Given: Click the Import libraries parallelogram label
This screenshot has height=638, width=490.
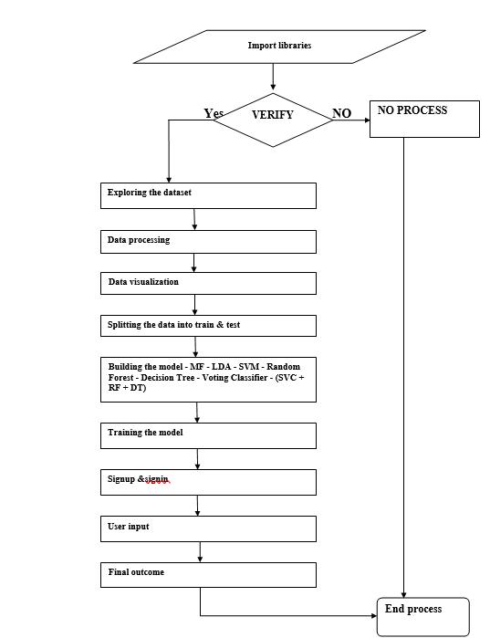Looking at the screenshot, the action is pyautogui.click(x=280, y=46).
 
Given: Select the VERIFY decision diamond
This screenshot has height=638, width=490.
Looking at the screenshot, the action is pyautogui.click(x=273, y=120).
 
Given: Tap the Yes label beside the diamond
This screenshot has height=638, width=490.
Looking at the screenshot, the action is pyautogui.click(x=214, y=113).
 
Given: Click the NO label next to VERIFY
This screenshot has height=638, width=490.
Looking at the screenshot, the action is pyautogui.click(x=341, y=113).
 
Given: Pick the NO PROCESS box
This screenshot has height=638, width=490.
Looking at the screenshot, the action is pyautogui.click(x=424, y=119).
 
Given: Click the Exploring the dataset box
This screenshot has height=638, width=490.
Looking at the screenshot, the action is pyautogui.click(x=208, y=195).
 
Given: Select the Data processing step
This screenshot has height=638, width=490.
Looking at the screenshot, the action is pyautogui.click(x=208, y=242).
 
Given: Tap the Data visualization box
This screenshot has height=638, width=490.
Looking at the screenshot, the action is pyautogui.click(x=208, y=283).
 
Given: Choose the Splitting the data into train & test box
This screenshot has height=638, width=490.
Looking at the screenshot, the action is pyautogui.click(x=208, y=326).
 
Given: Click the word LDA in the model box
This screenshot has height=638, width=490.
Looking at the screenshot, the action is pyautogui.click(x=221, y=367).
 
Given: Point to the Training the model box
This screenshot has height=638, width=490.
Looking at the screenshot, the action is pyautogui.click(x=208, y=435).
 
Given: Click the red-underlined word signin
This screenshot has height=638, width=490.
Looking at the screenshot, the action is pyautogui.click(x=157, y=479).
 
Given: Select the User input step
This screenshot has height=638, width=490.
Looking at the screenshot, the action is pyautogui.click(x=208, y=529).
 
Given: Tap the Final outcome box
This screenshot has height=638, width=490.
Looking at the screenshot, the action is pyautogui.click(x=208, y=575).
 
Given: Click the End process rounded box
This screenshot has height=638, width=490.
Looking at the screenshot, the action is pyautogui.click(x=422, y=617).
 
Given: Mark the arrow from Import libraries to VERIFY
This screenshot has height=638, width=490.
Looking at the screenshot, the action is pyautogui.click(x=273, y=77).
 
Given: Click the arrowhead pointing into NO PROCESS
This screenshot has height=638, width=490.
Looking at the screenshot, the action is pyautogui.click(x=367, y=120).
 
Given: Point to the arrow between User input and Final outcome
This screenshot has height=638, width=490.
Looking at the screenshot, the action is pyautogui.click(x=200, y=552).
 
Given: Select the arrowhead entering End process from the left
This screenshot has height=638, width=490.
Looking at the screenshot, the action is pyautogui.click(x=374, y=615).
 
